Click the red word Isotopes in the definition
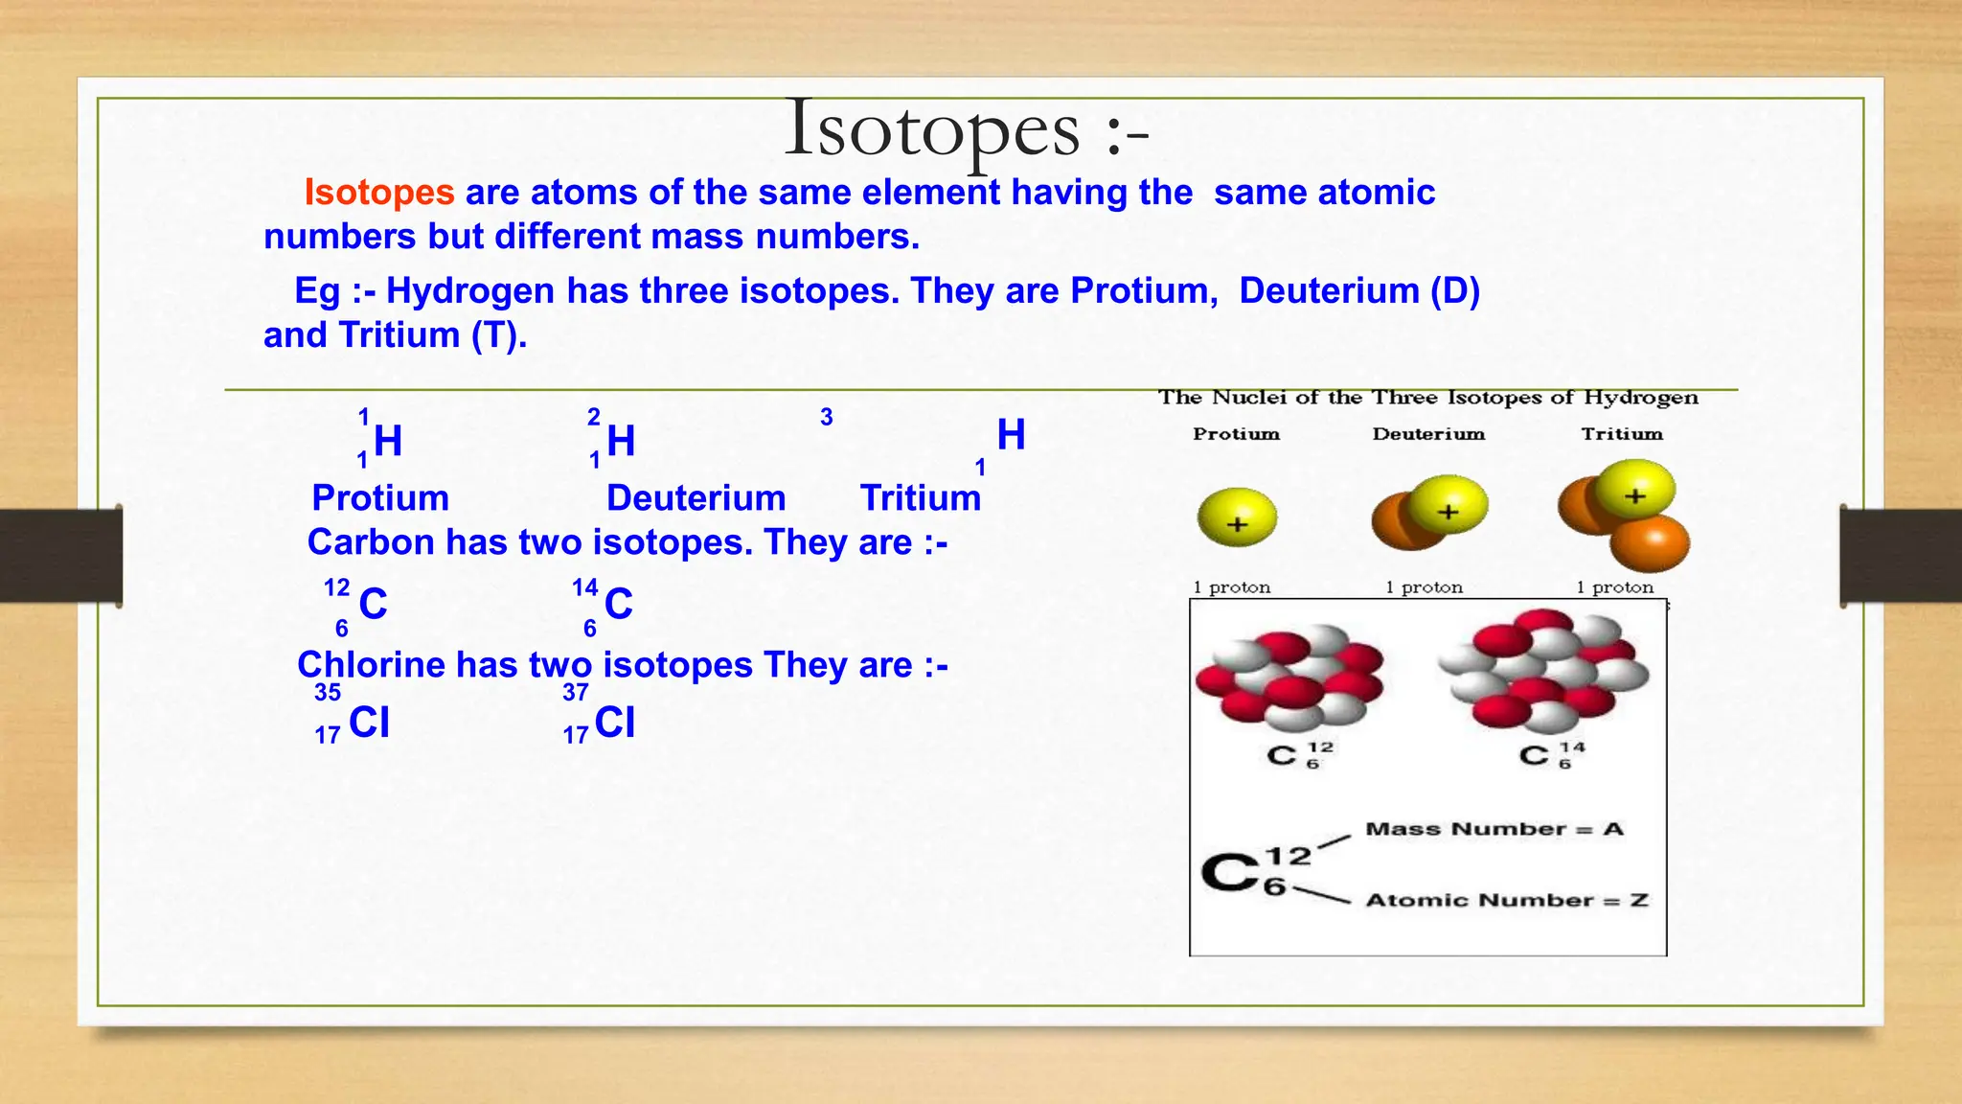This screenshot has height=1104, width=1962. [x=379, y=193]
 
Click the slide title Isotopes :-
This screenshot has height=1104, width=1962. [x=966, y=130]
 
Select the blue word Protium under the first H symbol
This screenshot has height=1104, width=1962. [x=380, y=498]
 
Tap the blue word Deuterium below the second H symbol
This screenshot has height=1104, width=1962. [x=696, y=498]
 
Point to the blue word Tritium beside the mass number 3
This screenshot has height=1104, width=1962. [x=921, y=498]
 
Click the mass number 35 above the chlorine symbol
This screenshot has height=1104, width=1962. [x=328, y=693]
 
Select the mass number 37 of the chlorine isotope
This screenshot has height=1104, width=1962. [x=576, y=693]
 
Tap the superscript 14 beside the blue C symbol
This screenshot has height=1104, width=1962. [x=585, y=587]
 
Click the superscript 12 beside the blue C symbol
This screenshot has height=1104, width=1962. [x=337, y=587]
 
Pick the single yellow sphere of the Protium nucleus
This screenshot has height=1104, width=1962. [x=1237, y=517]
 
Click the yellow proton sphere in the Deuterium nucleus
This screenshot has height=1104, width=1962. [x=1448, y=505]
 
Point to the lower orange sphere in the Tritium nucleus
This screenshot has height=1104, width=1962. [x=1650, y=543]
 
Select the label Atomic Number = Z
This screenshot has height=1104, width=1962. [x=1507, y=900]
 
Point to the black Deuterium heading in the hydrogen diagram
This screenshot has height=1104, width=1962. [x=1428, y=434]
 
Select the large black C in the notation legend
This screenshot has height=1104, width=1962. [x=1230, y=872]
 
